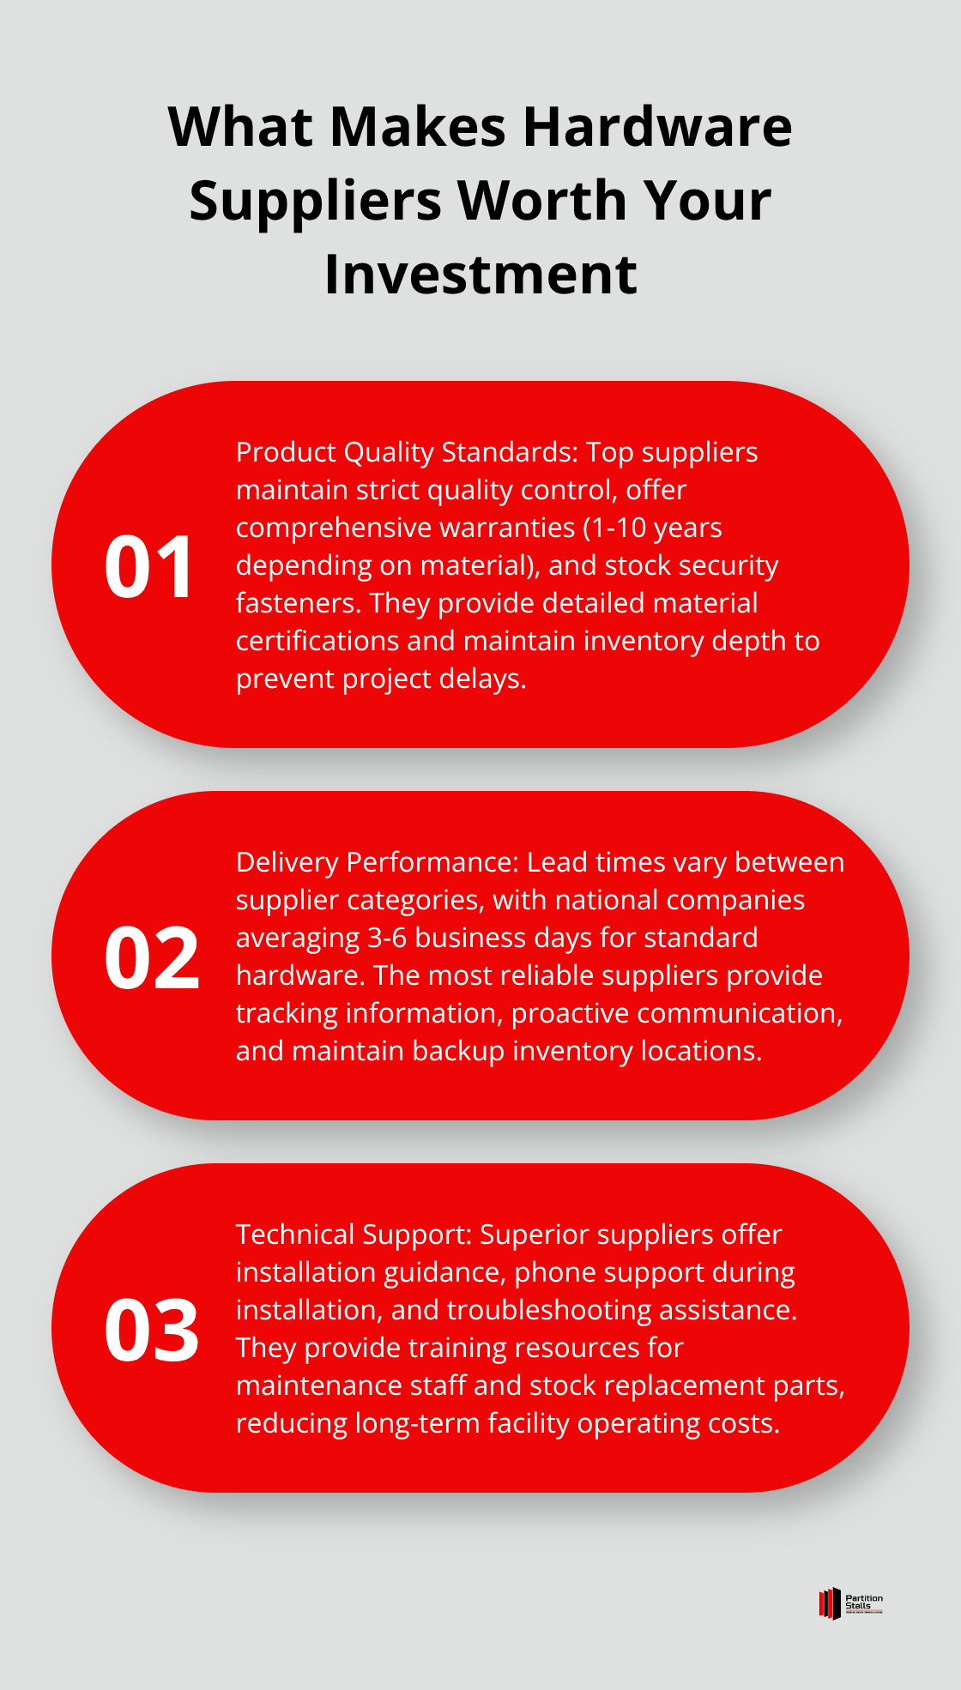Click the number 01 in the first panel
150,566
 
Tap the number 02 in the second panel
152,957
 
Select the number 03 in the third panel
152,1330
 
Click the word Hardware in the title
657,127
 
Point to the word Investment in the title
480,275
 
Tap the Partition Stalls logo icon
830,1603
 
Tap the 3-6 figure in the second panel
387,938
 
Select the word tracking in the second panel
287,1014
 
